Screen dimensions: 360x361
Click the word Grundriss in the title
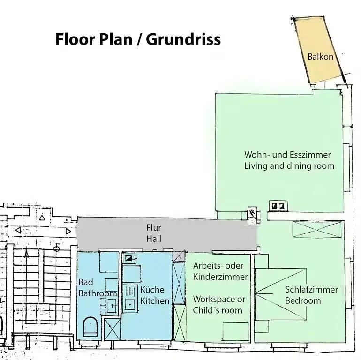click(x=183, y=39)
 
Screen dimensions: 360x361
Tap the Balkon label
click(x=320, y=57)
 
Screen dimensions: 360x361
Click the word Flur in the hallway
click(x=154, y=228)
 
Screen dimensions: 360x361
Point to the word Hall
click(x=154, y=239)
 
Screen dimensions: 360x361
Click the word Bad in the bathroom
click(x=86, y=282)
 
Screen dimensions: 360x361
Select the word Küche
click(x=152, y=290)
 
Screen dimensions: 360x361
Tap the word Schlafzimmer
click(x=311, y=289)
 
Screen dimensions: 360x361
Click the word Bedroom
click(x=303, y=300)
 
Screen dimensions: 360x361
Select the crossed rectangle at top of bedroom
click(x=316, y=229)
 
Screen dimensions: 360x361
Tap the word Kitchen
click(x=155, y=301)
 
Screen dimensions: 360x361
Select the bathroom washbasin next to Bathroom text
click(x=113, y=306)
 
